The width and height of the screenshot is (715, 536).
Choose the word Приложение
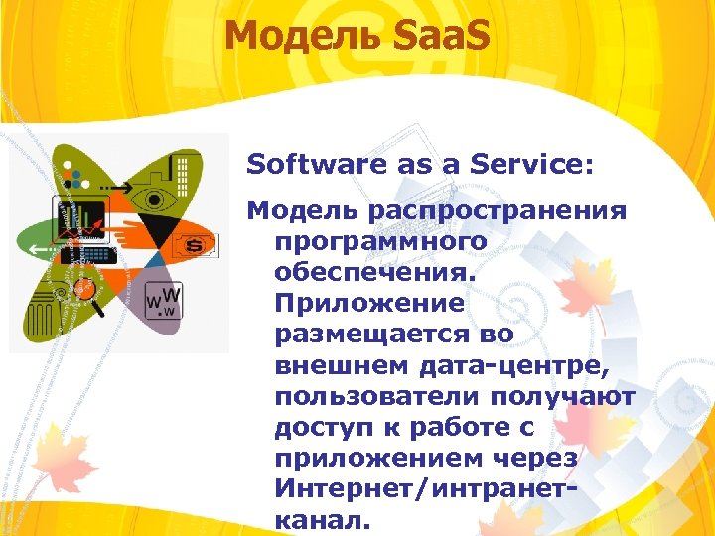371,301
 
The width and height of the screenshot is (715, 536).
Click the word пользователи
376,397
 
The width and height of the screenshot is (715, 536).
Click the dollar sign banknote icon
196,243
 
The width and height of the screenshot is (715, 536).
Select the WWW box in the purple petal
163,300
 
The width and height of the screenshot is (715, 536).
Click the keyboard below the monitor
86,254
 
